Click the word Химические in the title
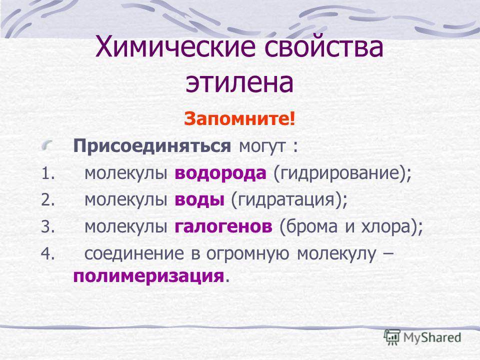point(175,48)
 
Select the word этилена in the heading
point(239,83)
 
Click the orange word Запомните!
point(239,119)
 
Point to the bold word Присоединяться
point(152,146)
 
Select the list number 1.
point(48,173)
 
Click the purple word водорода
point(220,173)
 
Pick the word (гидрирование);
point(342,174)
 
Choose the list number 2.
point(48,200)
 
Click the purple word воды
point(199,200)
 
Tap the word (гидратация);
point(289,200)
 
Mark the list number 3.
point(48,227)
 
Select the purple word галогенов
point(223,227)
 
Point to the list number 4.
point(48,253)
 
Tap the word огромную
point(247,254)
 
